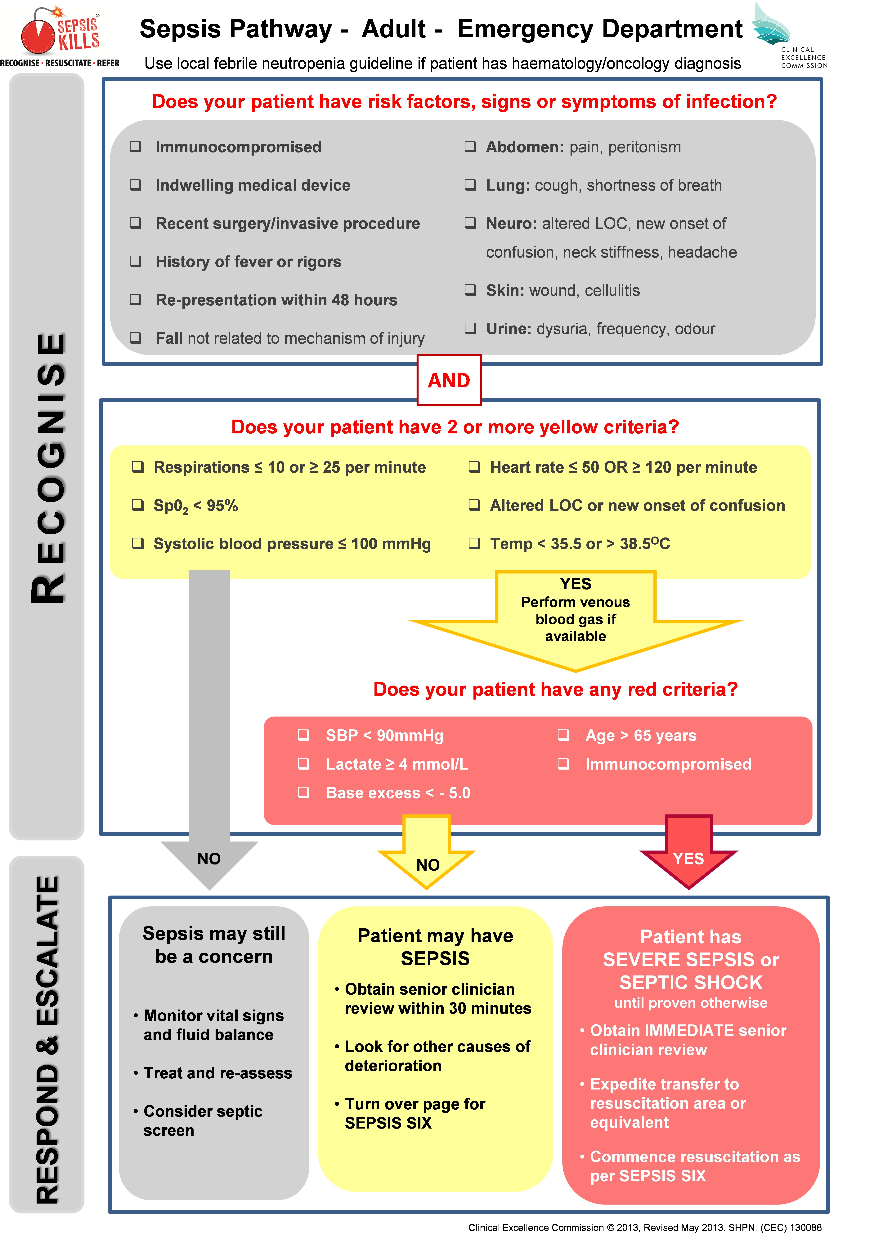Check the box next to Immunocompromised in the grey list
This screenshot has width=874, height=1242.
point(136,147)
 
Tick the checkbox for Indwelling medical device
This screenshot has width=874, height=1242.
point(136,185)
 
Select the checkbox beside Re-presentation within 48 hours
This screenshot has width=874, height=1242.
point(136,300)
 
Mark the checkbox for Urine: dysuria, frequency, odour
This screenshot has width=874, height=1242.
point(470,328)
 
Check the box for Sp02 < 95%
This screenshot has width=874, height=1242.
point(138,505)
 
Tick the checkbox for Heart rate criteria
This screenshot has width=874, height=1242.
point(475,467)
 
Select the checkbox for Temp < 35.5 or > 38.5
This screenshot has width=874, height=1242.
point(475,543)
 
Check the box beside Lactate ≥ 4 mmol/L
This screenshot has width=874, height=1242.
point(304,764)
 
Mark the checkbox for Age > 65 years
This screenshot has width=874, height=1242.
point(563,735)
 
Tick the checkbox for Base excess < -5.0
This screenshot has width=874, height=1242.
point(304,793)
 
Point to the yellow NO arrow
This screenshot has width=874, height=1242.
point(427,860)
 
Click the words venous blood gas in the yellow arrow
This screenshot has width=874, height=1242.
point(576,610)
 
